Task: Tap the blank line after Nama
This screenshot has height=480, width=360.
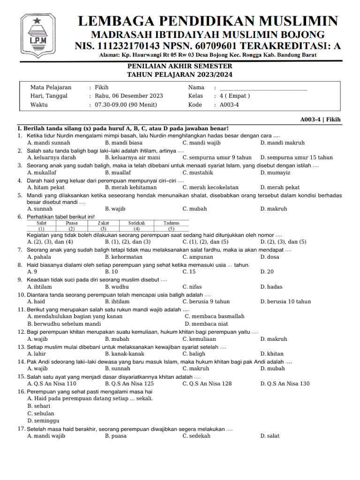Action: pyautogui.click(x=263, y=88)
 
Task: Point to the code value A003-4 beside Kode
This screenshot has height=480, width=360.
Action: pyautogui.click(x=229, y=105)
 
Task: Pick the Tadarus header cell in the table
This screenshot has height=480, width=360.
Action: pyautogui.click(x=172, y=223)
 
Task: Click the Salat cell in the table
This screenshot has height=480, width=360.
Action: pyautogui.click(x=41, y=223)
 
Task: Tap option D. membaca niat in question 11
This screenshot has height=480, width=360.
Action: pyautogui.click(x=206, y=324)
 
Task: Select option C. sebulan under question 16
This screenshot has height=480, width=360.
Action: pyautogui.click(x=41, y=413)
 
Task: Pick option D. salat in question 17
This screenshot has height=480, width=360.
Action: pyautogui.click(x=270, y=436)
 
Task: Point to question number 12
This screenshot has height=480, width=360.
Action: pyautogui.click(x=21, y=332)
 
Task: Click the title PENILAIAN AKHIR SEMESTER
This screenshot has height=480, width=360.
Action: pyautogui.click(x=180, y=67)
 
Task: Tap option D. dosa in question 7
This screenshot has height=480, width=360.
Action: pyautogui.click(x=270, y=257)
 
